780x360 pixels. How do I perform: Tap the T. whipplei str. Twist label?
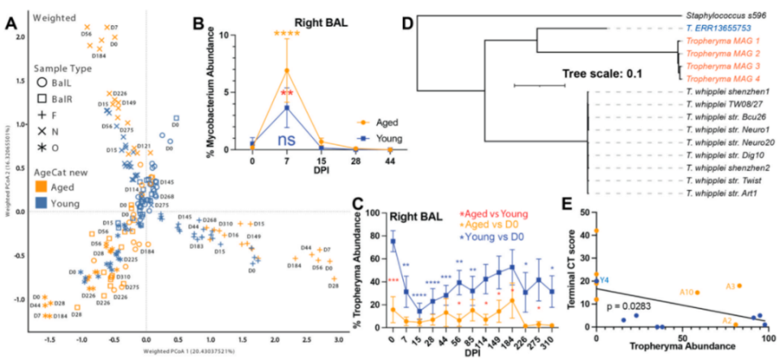pyautogui.click(x=725, y=182)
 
